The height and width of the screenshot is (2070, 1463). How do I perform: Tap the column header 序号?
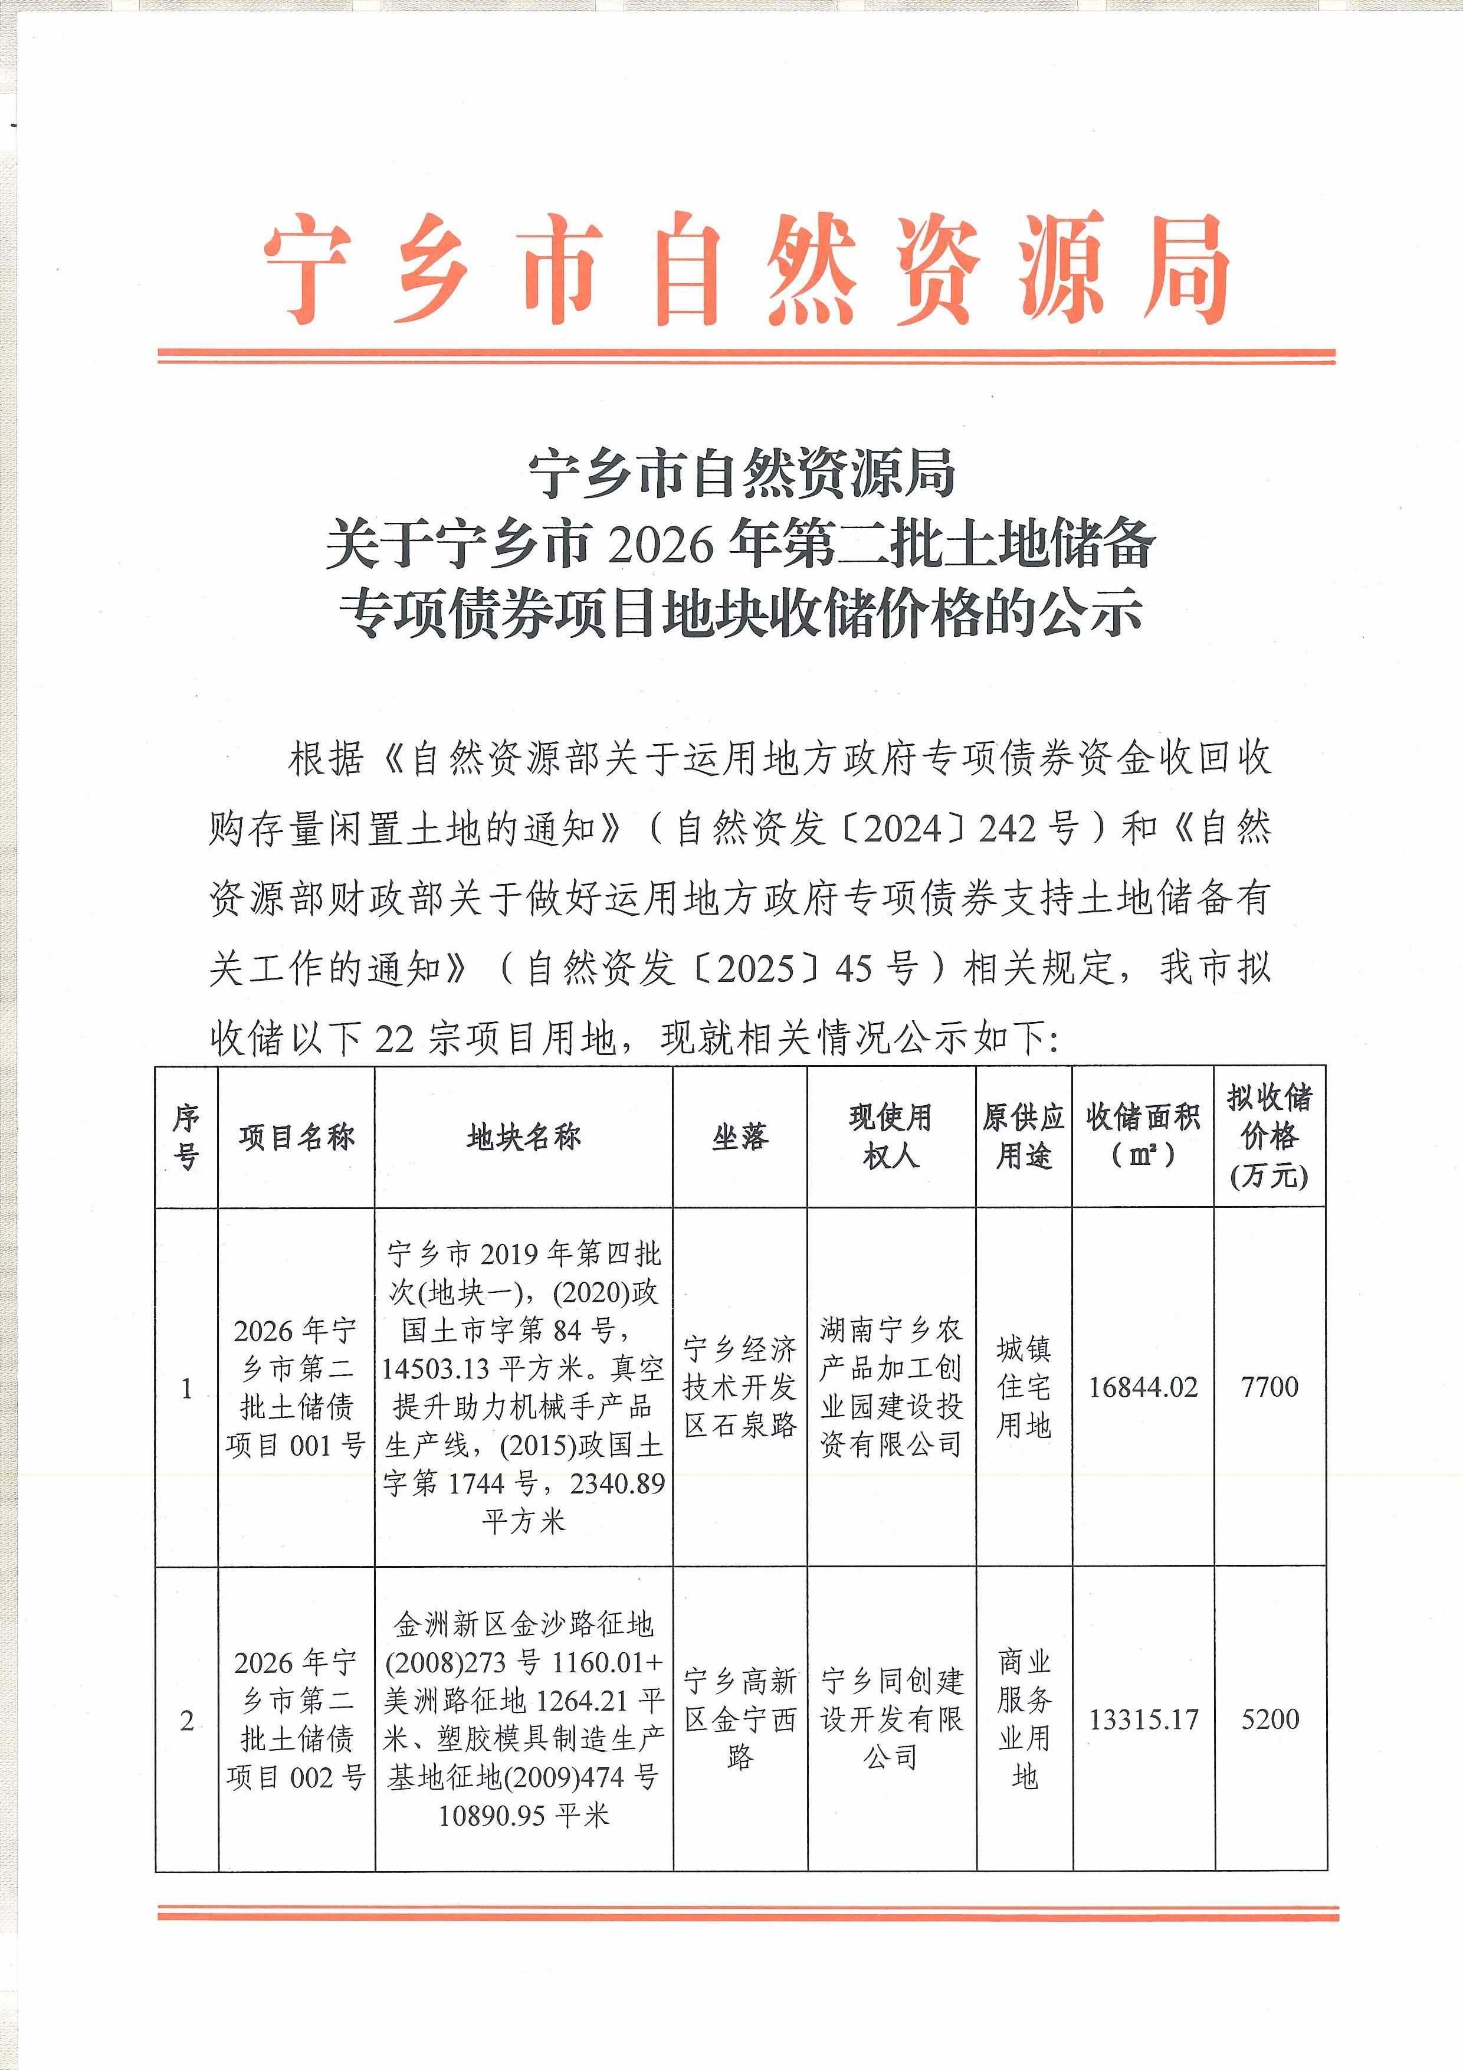[186, 1137]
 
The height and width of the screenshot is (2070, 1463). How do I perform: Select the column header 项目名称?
[297, 1138]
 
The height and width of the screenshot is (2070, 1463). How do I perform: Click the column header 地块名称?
[524, 1138]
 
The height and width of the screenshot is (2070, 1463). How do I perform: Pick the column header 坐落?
[740, 1138]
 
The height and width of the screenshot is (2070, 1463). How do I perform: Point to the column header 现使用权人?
[891, 1137]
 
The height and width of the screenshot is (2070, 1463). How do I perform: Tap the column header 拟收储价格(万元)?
[1269, 1137]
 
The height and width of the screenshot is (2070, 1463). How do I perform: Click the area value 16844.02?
[1143, 1387]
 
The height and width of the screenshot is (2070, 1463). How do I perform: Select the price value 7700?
[1269, 1387]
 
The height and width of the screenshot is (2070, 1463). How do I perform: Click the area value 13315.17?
[1144, 1719]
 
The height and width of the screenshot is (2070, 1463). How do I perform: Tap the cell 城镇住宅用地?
[1024, 1387]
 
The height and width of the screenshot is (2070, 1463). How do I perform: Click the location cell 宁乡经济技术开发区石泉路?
[740, 1387]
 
